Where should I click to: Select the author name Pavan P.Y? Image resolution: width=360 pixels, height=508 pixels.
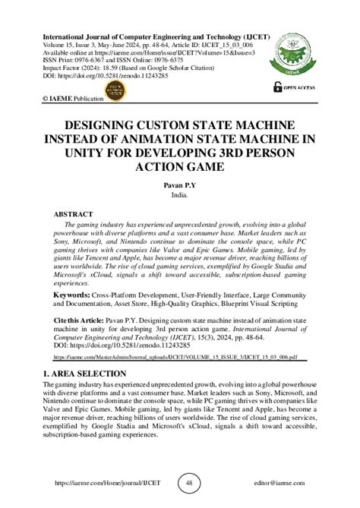[x=179, y=185]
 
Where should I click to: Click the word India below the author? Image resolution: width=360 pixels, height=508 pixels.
[x=179, y=194]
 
